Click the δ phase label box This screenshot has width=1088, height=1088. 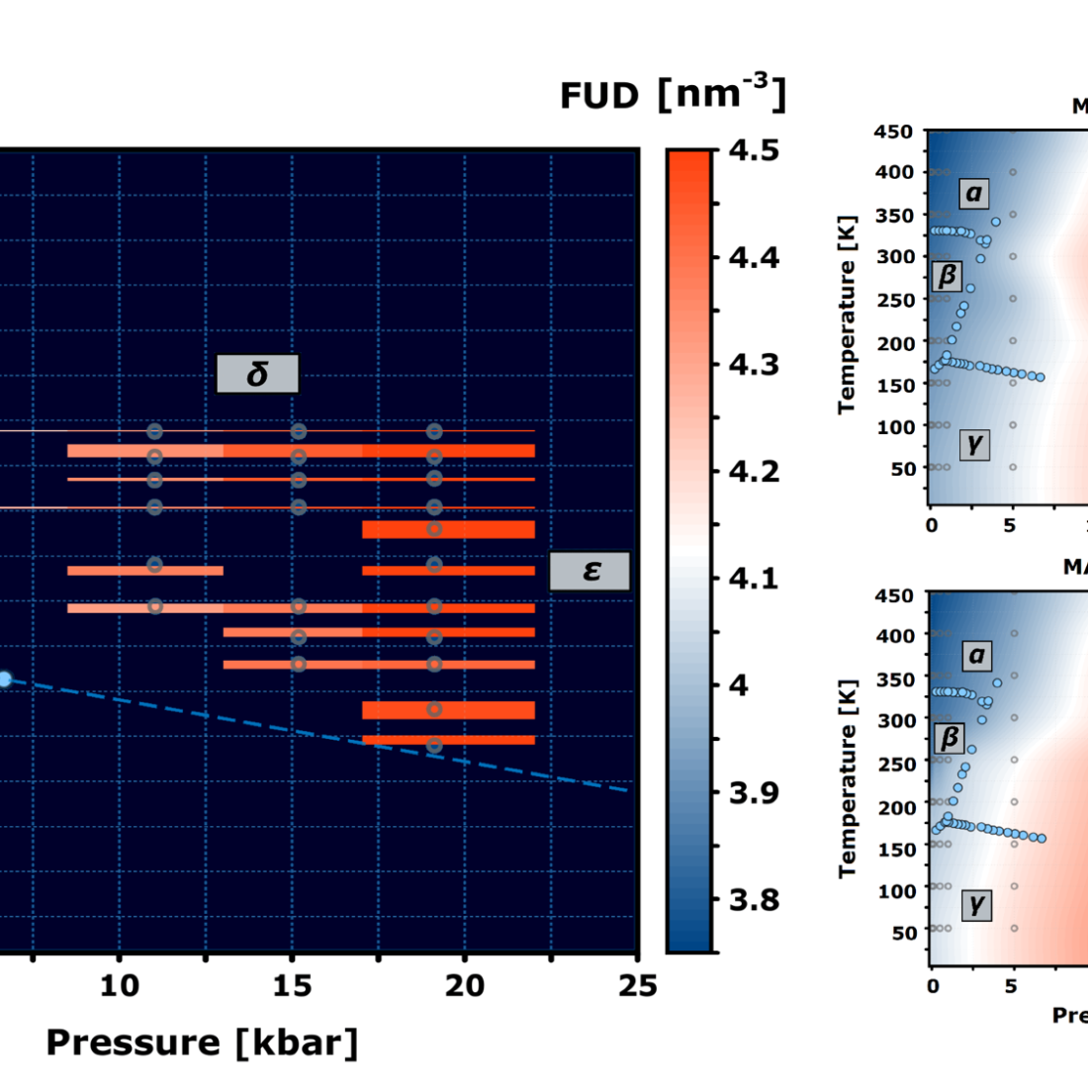click(x=257, y=374)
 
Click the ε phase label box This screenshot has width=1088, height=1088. click(x=590, y=571)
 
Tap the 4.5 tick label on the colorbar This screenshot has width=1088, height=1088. click(x=754, y=150)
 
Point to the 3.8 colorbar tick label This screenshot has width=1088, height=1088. click(x=754, y=899)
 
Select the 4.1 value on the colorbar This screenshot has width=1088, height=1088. click(x=754, y=578)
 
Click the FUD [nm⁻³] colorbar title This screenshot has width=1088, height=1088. click(x=673, y=95)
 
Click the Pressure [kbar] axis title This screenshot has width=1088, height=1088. click(x=202, y=1043)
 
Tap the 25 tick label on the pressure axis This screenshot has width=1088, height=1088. click(x=637, y=986)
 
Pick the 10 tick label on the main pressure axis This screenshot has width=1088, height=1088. click(x=119, y=986)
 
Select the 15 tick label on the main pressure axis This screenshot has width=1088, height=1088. click(x=292, y=986)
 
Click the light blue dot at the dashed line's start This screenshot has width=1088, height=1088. click(x=4, y=679)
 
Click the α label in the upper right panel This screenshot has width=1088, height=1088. click(x=974, y=193)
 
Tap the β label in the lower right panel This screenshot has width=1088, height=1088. click(x=950, y=738)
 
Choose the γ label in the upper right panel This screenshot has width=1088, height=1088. click(x=974, y=444)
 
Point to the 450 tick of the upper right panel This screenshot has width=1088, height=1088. click(x=894, y=132)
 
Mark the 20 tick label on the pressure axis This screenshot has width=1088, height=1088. click(x=464, y=986)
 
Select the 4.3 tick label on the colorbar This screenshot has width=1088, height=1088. click(x=754, y=364)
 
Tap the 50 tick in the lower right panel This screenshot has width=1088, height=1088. click(x=903, y=932)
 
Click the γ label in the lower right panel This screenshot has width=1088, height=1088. click(x=976, y=904)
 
